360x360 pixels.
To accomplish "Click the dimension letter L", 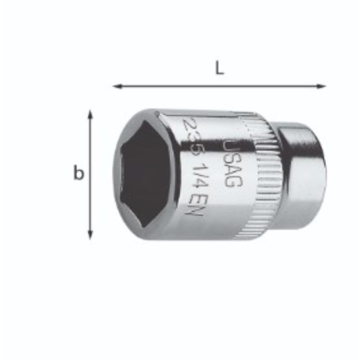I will [220, 69].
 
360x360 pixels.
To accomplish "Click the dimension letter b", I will [78, 173].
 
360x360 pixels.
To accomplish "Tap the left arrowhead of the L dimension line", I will [116, 86].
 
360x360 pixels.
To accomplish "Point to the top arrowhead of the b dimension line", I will [91, 114].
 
